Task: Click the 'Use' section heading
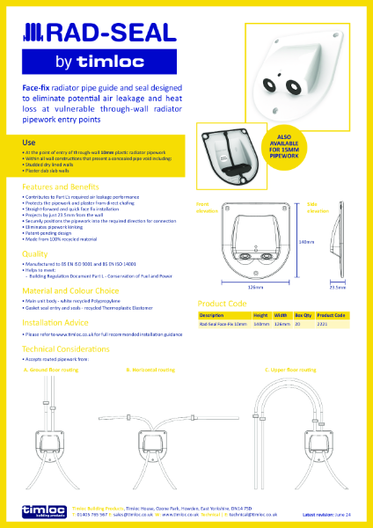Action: pyautogui.click(x=28, y=142)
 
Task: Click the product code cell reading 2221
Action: pyautogui.click(x=323, y=324)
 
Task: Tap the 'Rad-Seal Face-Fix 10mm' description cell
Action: pyautogui.click(x=223, y=324)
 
